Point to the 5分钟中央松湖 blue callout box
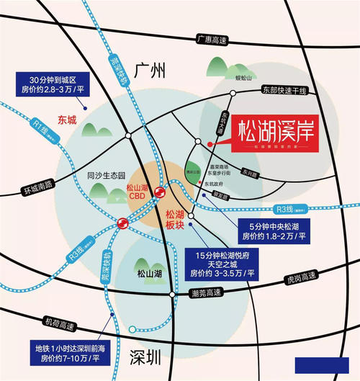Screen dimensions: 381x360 [273, 230]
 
